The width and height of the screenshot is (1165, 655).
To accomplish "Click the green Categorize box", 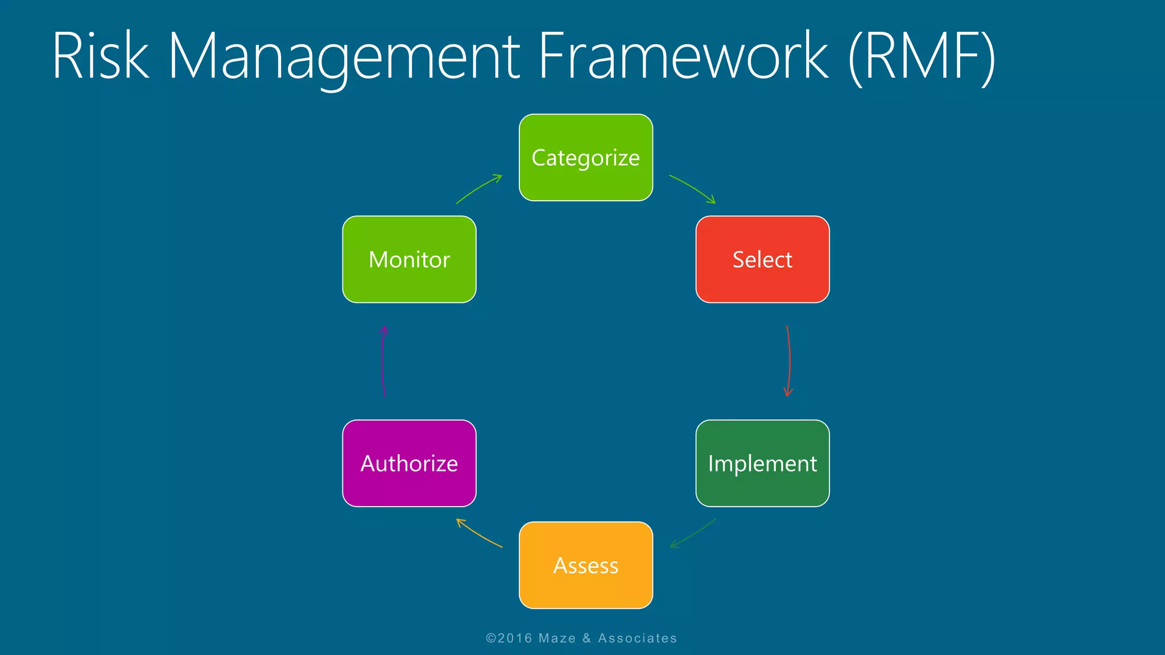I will (x=586, y=157).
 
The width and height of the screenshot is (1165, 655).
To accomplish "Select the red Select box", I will (x=762, y=259).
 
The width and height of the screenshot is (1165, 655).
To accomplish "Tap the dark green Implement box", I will (x=762, y=463).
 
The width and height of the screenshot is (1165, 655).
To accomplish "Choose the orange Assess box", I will (x=586, y=565).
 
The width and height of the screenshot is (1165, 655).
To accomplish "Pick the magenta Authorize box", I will (x=409, y=463).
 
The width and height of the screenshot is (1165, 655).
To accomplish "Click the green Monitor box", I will (x=409, y=259).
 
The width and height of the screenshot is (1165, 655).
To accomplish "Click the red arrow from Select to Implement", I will (x=790, y=360).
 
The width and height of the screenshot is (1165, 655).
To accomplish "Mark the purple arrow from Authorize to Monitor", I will (x=382, y=360).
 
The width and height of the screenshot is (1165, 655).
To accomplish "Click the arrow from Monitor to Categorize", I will (x=479, y=189).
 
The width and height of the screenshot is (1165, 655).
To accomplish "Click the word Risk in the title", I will (x=100, y=56).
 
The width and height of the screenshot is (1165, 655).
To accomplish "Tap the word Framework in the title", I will (x=683, y=56).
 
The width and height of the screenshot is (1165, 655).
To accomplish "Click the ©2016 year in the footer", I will (x=509, y=639).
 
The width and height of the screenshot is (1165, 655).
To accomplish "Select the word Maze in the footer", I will (x=557, y=639).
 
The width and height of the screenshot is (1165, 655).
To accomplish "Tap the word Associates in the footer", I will (x=637, y=639).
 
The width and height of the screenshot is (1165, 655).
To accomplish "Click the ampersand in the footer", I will (x=586, y=639).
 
